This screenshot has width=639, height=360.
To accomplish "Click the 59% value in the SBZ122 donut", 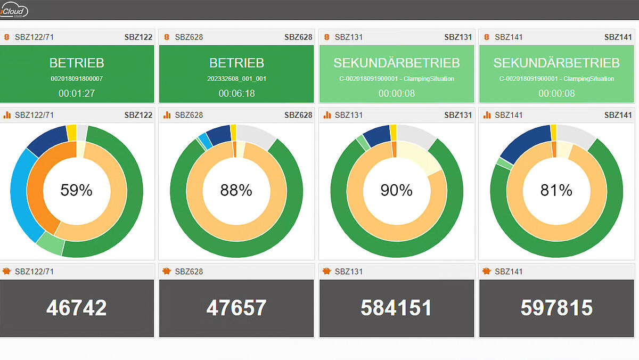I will pos(77,190).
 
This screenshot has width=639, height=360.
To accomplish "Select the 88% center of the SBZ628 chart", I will pos(236,190).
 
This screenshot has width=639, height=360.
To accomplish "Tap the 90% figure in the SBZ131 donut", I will pos(396,190).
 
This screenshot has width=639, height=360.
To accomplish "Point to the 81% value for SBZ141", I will pos(556,190).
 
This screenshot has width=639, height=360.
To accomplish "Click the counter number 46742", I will pos(77,308).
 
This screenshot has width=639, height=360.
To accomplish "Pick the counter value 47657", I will pos(236,308).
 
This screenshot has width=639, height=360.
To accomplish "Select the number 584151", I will pos(396,308).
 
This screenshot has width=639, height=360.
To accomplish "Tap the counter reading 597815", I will pos(556,308).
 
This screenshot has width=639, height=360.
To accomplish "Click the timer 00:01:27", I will pos(77,93).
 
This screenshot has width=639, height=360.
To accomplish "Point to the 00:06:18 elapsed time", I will pos(236,93).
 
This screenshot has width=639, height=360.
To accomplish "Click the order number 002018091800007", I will pos(77,79).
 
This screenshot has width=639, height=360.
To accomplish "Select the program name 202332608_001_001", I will pos(236,79).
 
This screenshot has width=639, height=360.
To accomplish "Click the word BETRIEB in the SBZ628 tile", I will pos(236,63).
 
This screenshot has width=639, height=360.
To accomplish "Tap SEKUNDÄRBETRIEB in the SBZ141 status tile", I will pos(556,63).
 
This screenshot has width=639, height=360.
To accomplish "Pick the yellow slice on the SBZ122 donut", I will pos(71,133).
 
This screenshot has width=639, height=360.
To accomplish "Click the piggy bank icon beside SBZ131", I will pos(326,271).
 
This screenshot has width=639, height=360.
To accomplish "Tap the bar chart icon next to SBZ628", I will pos(167,114).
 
